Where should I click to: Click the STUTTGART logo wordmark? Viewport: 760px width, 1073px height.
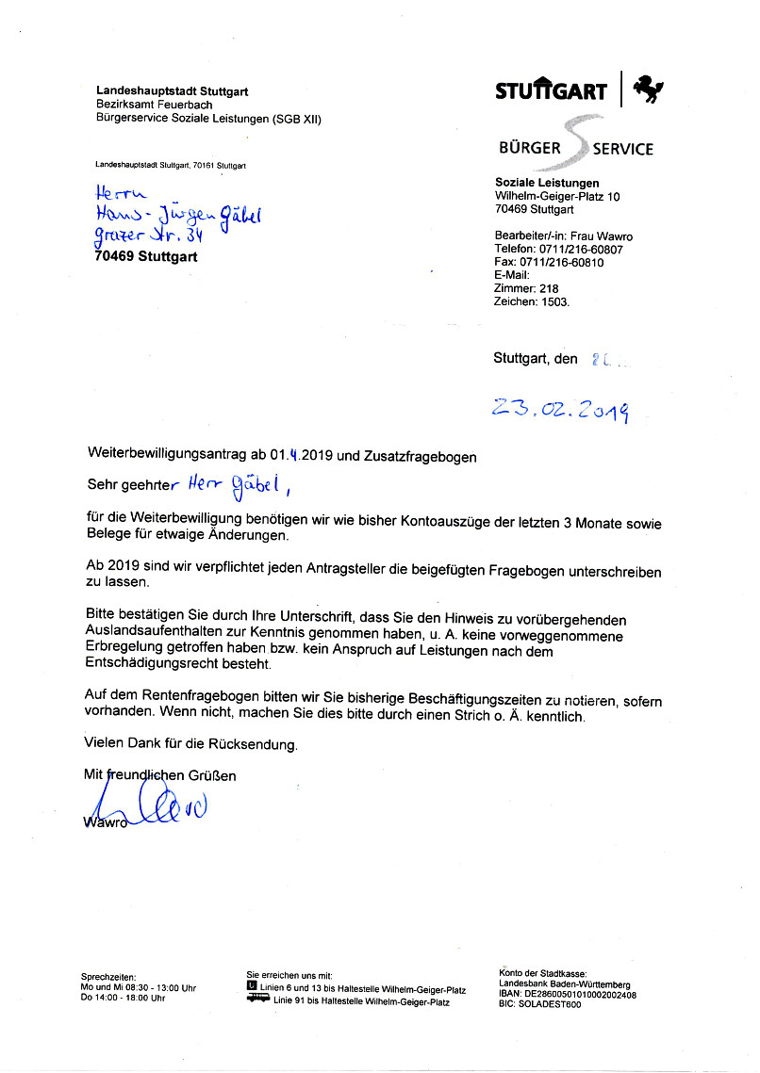click(551, 91)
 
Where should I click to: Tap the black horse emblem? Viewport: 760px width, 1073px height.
click(648, 89)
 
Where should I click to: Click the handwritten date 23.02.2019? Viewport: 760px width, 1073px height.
click(560, 409)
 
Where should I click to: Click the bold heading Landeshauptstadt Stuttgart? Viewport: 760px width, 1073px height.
click(173, 91)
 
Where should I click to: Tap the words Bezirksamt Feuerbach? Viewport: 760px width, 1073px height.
click(154, 105)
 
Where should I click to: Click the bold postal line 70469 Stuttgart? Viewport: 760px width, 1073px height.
click(146, 256)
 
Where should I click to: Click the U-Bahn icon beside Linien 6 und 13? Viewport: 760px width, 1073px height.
click(252, 988)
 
